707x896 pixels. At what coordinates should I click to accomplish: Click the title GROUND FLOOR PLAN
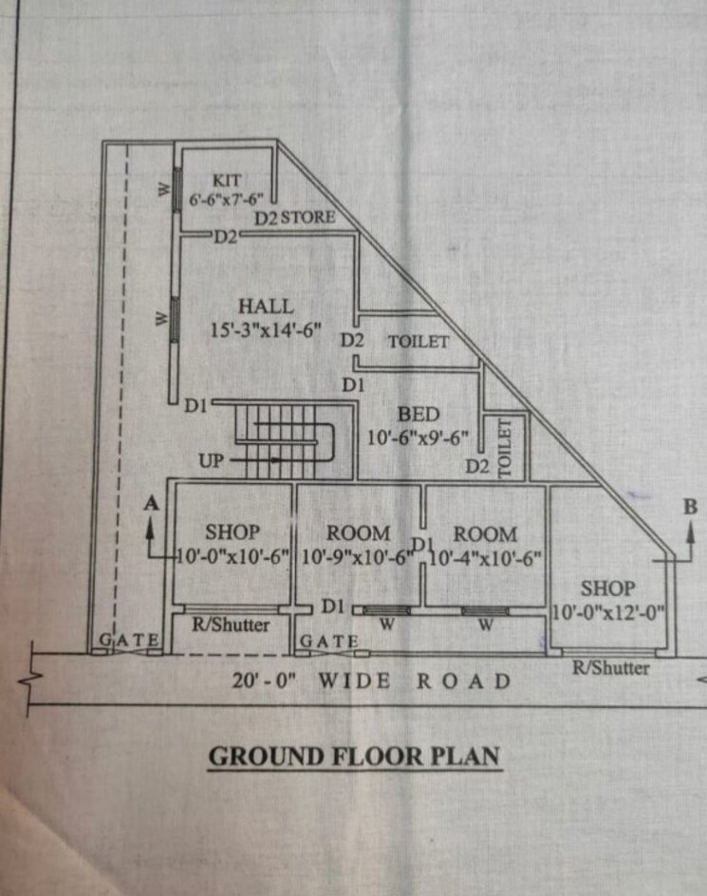coord(354,756)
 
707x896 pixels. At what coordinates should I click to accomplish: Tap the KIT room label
coord(227,179)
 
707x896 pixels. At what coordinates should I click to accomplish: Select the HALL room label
coord(266,307)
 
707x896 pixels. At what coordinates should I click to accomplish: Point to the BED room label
coord(419,415)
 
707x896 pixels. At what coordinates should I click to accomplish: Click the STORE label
coord(307,217)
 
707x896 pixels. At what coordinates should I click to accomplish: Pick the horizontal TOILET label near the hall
coord(418,341)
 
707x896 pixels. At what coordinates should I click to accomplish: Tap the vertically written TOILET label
coord(504,447)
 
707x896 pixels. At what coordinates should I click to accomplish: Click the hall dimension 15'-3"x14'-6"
coord(266,330)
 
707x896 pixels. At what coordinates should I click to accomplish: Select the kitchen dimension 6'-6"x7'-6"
coord(226,199)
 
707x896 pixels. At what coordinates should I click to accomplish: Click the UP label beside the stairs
coord(212,460)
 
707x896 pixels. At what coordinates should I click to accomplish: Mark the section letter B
coord(690,508)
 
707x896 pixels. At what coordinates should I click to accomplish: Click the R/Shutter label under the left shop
coord(231,625)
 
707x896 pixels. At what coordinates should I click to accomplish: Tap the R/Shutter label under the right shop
coord(610,668)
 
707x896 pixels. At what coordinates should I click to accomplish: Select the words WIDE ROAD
coord(414,681)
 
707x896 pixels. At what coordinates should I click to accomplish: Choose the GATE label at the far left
coord(130,642)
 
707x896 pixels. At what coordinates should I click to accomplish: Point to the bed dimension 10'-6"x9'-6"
coord(419,439)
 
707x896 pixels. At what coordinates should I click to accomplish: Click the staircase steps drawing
coord(285,439)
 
